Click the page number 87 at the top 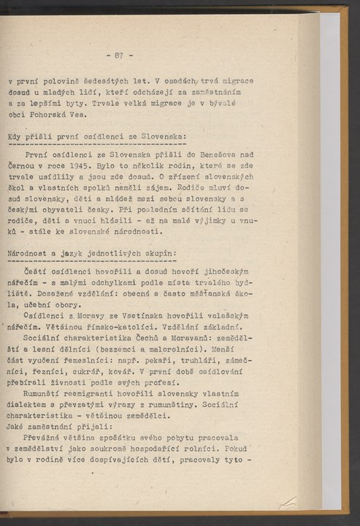click(x=119, y=56)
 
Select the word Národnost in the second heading click(x=27, y=254)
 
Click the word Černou click(x=23, y=166)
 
